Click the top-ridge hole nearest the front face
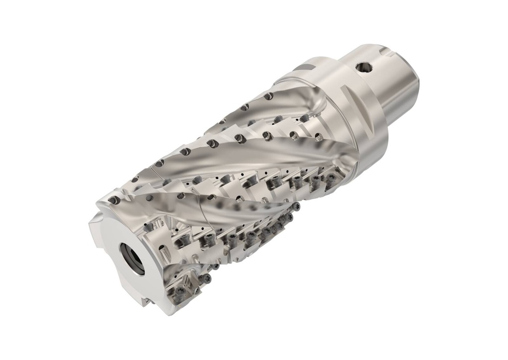pyautogui.click(x=115, y=200)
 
